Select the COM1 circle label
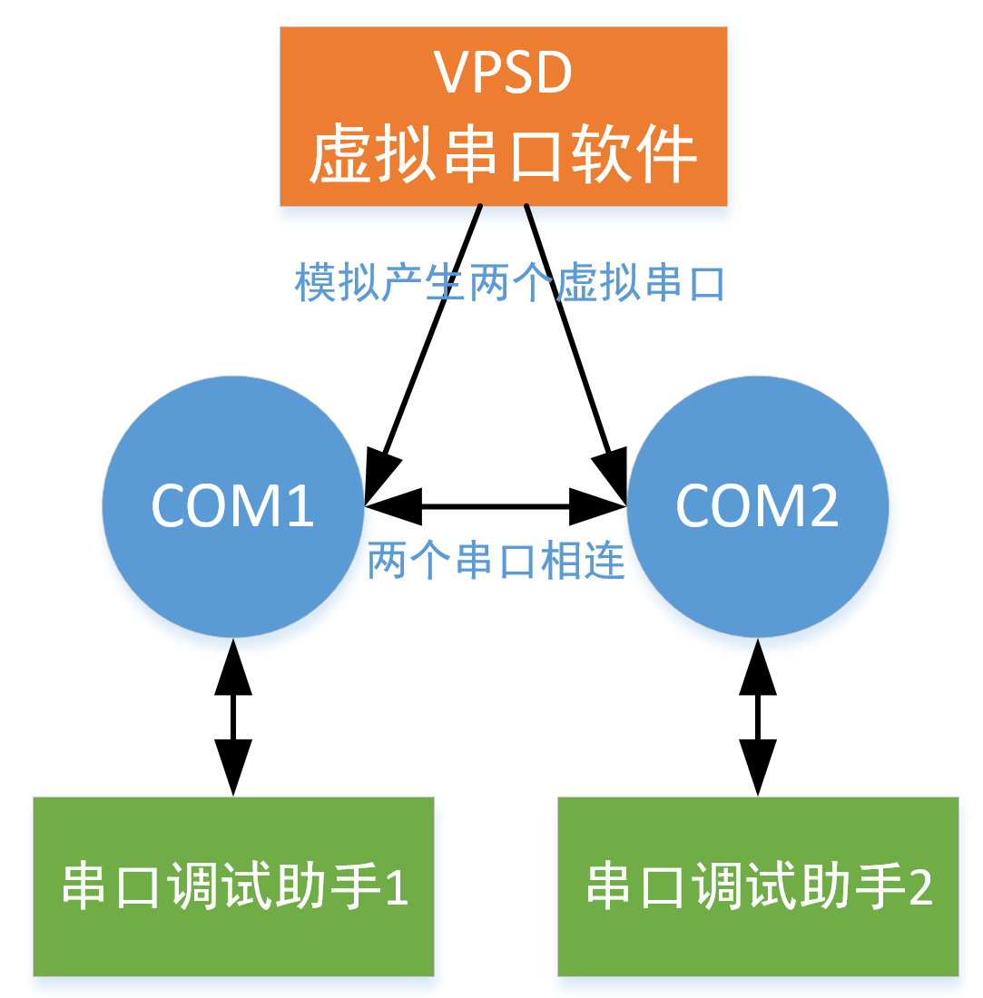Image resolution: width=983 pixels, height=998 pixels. click(x=232, y=506)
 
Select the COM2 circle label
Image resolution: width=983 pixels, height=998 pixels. click(x=757, y=506)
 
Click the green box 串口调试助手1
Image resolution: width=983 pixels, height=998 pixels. click(x=233, y=886)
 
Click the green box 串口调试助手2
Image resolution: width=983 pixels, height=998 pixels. click(x=758, y=886)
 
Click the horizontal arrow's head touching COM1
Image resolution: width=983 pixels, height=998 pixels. click(x=393, y=506)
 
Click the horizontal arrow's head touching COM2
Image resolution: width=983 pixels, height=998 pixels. click(x=598, y=506)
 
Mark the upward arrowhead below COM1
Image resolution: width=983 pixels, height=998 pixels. click(x=233, y=667)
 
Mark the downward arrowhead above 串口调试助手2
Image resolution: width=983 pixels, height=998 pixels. click(x=758, y=767)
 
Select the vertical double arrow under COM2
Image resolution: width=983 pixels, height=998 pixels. click(x=758, y=717)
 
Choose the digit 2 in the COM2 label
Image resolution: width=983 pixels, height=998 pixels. click(x=823, y=506)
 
